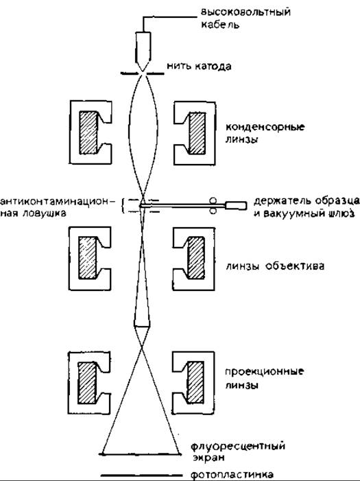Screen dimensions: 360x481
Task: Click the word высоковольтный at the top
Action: point(245,12)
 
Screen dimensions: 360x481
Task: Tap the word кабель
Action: point(220,25)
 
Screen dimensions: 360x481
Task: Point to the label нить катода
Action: point(199,67)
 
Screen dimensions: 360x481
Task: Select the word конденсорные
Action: point(265,127)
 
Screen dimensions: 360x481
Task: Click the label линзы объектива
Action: point(275,266)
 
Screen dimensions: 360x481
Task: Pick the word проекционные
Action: point(265,372)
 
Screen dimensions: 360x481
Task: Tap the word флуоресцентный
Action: point(238,445)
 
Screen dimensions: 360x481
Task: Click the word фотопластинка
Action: point(232,475)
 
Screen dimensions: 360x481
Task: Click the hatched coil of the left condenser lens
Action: point(88,132)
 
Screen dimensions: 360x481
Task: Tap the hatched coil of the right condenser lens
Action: point(197,133)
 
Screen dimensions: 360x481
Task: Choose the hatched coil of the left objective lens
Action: point(88,258)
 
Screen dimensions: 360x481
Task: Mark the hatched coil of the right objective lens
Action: point(195,258)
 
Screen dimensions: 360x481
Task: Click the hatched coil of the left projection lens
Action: point(87,383)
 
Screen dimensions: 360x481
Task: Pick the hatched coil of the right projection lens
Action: point(195,382)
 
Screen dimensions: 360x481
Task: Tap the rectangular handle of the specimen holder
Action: point(236,205)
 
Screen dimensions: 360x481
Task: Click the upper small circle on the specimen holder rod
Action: point(213,200)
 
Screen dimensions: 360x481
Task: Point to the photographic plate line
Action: point(143,476)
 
